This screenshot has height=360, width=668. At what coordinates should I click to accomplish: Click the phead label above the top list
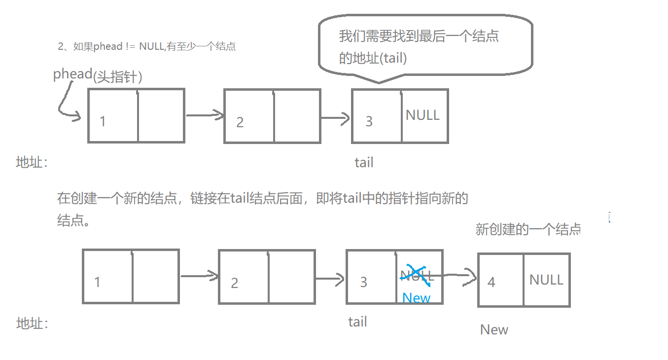pyautogui.click(x=73, y=74)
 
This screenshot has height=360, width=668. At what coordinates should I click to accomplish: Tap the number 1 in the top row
pyautogui.click(x=103, y=121)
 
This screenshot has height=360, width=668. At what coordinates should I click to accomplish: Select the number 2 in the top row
pyautogui.click(x=240, y=122)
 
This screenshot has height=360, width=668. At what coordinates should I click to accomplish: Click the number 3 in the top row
pyautogui.click(x=369, y=121)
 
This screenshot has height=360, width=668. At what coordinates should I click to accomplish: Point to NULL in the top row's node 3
pyautogui.click(x=422, y=115)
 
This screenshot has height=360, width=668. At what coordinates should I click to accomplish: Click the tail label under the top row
pyautogui.click(x=364, y=162)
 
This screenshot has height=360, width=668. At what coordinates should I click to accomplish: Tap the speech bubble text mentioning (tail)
pyautogui.click(x=373, y=58)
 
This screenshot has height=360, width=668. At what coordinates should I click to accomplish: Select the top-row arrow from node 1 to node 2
pyautogui.click(x=204, y=115)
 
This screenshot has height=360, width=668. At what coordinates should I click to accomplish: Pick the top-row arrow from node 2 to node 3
pyautogui.click(x=335, y=118)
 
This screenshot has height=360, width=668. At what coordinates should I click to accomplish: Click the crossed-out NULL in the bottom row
pyautogui.click(x=417, y=275)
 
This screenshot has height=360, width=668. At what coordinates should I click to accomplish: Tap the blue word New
pyautogui.click(x=416, y=298)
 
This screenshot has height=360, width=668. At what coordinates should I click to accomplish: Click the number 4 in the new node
pyautogui.click(x=491, y=282)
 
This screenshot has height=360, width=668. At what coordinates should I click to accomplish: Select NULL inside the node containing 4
pyautogui.click(x=546, y=280)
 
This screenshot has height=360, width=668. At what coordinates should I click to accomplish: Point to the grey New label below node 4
pyautogui.click(x=494, y=329)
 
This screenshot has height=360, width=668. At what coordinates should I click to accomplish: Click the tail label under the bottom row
pyautogui.click(x=357, y=322)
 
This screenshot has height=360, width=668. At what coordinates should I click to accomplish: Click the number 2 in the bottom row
pyautogui.click(x=235, y=283)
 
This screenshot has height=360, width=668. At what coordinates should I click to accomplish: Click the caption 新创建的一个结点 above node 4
pyautogui.click(x=527, y=229)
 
